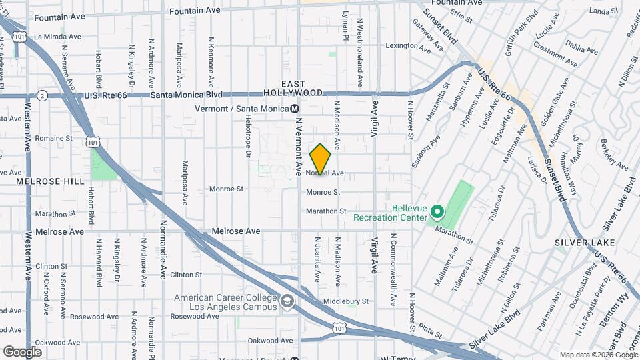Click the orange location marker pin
coord(321,159)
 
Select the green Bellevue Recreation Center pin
coord(437,213)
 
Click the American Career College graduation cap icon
coord(287,302)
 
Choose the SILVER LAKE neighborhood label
coord(578,243)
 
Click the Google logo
coord(22,351)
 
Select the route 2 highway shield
coord(41,95)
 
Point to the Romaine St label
coord(53,139)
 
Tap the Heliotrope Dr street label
coord(247,143)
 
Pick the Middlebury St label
coord(346,301)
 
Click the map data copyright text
coord(597,355)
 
